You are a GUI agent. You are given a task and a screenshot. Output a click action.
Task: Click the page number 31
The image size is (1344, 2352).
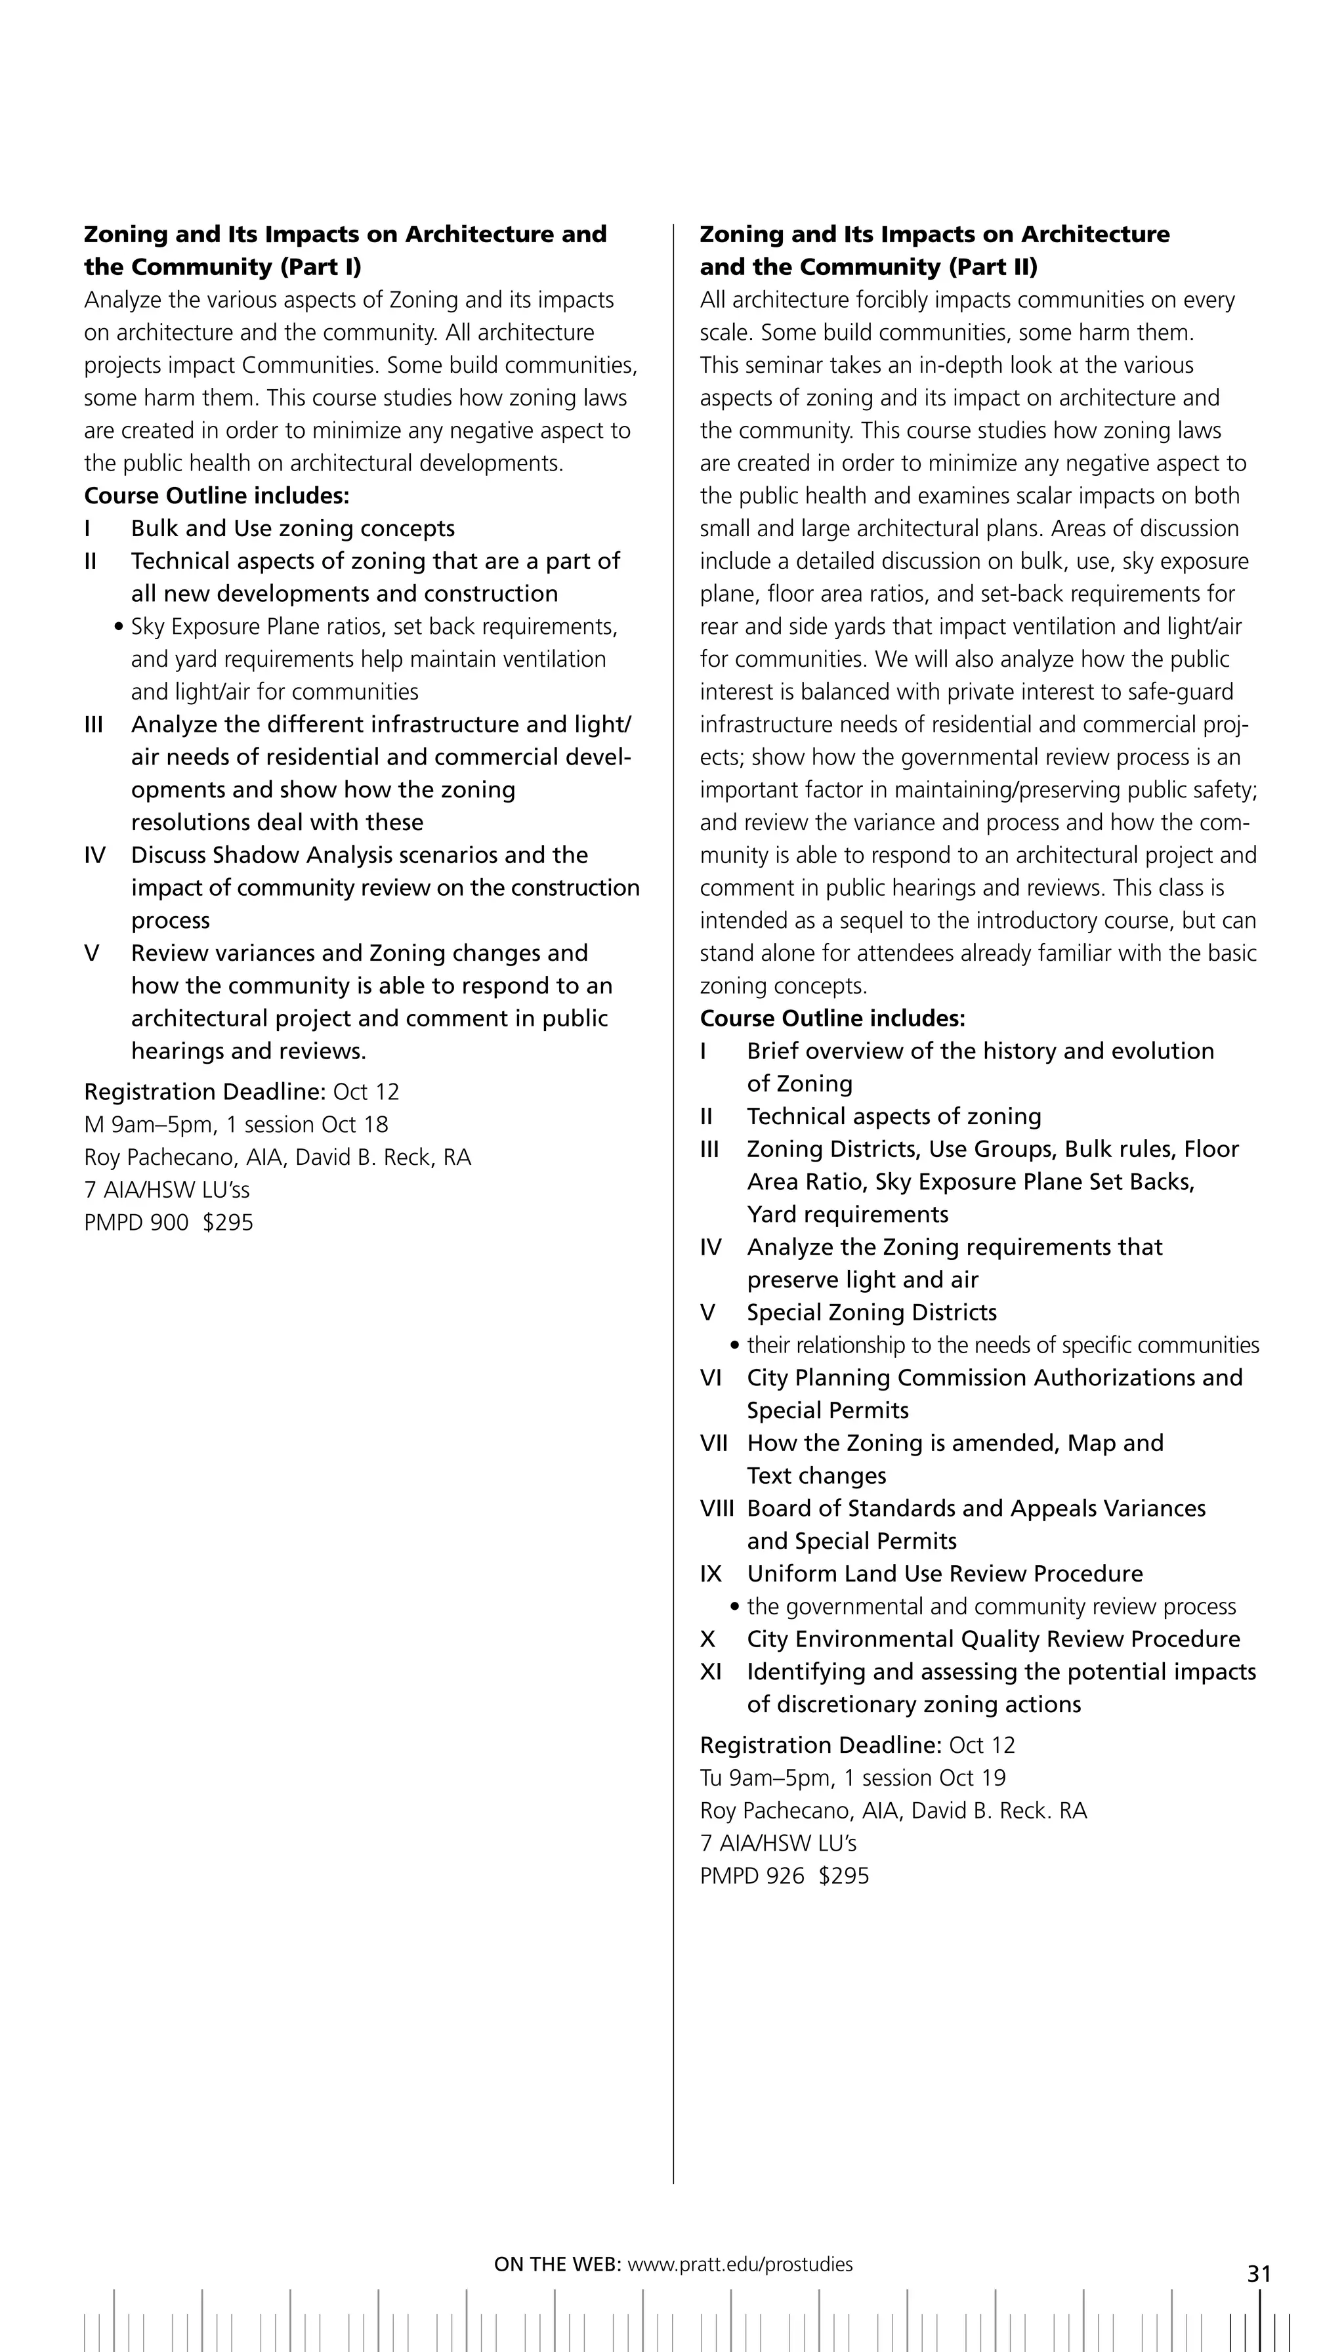(x=1259, y=2273)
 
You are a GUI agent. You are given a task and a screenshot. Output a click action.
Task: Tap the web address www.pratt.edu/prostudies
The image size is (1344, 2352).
(x=740, y=2263)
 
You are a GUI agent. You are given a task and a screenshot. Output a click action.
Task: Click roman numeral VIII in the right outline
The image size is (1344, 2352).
(x=717, y=1507)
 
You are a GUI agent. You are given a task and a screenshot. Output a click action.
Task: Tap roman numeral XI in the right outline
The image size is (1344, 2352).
(x=710, y=1671)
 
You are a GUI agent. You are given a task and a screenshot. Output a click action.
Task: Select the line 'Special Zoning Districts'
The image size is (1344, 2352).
(x=871, y=1312)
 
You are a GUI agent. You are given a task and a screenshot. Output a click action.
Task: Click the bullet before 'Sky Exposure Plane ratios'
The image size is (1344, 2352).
(x=118, y=627)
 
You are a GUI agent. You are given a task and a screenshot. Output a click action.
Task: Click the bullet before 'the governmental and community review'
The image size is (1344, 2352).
(x=735, y=1607)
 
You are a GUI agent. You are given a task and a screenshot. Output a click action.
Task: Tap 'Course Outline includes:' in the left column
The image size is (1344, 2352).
(x=217, y=495)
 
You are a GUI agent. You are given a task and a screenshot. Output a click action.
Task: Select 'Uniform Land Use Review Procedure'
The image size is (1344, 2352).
(x=944, y=1573)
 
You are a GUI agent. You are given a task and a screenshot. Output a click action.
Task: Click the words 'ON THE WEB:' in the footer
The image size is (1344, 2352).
(x=556, y=2263)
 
